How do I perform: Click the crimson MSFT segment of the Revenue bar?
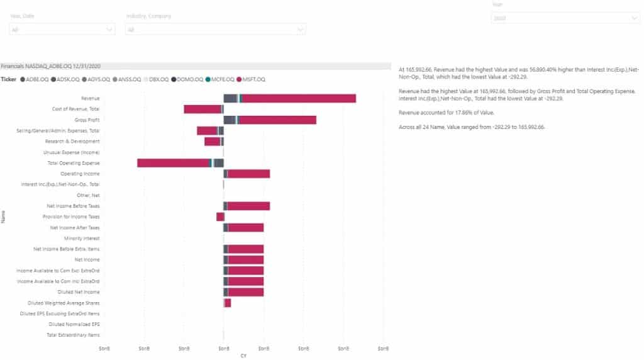[x=299, y=98]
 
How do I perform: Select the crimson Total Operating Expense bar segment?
[x=174, y=163]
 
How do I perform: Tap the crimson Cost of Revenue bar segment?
[x=203, y=109]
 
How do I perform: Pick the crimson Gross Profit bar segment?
[x=277, y=120]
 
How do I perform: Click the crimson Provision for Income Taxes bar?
[x=220, y=217]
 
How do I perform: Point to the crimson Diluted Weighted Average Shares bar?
[x=228, y=303]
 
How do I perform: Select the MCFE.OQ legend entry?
[x=221, y=79]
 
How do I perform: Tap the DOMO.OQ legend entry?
[x=188, y=79]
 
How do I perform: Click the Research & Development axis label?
[x=72, y=141]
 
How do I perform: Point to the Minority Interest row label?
[x=82, y=239]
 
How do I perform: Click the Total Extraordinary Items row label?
[x=73, y=335]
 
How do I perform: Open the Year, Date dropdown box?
[x=62, y=29]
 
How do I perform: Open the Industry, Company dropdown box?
[x=216, y=29]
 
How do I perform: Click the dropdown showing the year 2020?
[x=565, y=18]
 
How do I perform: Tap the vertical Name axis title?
[x=3, y=217]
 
